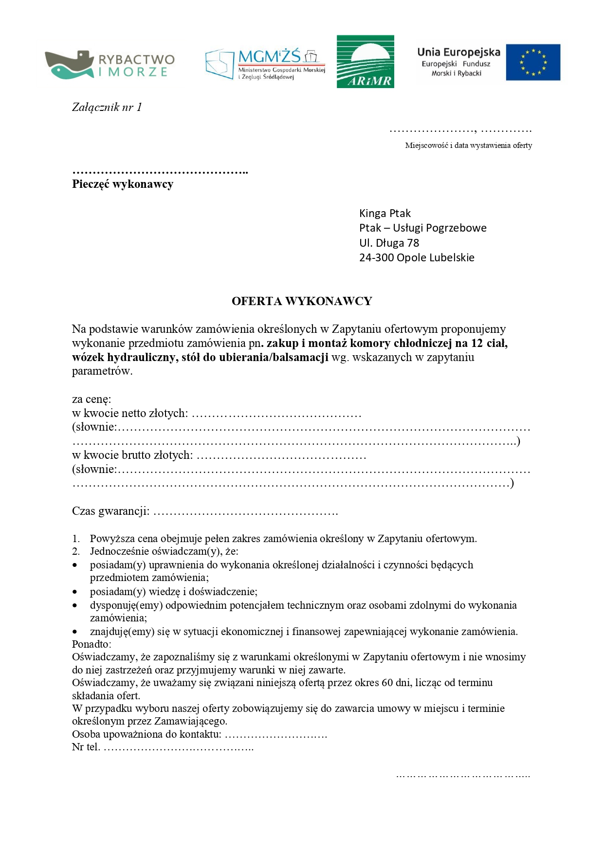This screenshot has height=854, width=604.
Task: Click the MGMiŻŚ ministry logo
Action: [265, 64]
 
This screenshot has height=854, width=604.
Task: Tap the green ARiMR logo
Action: [365, 61]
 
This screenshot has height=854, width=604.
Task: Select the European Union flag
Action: [533, 62]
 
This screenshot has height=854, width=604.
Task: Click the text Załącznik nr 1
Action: [107, 107]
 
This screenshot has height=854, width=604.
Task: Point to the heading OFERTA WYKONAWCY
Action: [302, 301]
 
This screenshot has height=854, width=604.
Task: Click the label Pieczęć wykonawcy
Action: [123, 184]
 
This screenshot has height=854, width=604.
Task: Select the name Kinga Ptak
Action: [384, 213]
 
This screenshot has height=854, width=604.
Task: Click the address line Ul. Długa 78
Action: [389, 243]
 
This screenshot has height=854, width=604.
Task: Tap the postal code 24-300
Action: [376, 257]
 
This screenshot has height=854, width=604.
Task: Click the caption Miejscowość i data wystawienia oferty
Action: [468, 145]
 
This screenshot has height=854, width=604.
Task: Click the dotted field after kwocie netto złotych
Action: [276, 414]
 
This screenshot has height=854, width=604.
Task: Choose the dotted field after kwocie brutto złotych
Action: [281, 456]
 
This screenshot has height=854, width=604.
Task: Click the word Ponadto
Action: [91, 644]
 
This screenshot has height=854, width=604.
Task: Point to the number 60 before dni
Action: [387, 683]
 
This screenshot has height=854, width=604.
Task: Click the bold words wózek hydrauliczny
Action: [125, 357]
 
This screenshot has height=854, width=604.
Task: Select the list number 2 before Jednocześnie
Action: [76, 552]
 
